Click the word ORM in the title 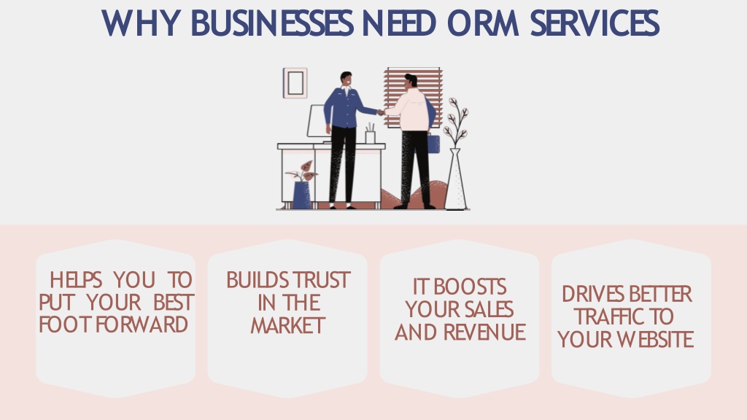[x=483, y=23]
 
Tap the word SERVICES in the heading [x=595, y=23]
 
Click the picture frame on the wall [x=295, y=83]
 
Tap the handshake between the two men [x=381, y=112]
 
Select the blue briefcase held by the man [x=433, y=144]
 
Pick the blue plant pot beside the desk [x=301, y=195]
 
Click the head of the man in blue [x=347, y=79]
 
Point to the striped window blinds [x=414, y=98]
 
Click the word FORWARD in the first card [x=142, y=324]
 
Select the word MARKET [x=287, y=326]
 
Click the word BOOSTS [x=470, y=287]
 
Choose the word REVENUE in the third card [x=484, y=332]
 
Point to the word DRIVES [x=586, y=294]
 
